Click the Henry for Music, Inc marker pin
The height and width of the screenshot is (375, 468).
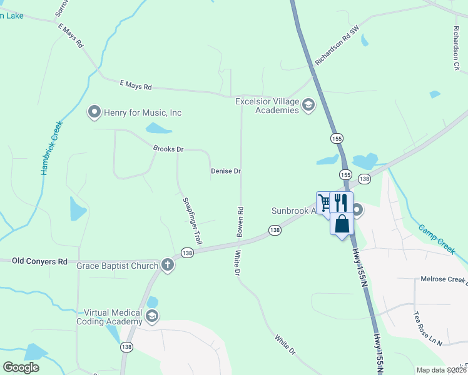pos(94,112)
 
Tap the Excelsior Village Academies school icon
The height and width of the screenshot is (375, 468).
pos(308,104)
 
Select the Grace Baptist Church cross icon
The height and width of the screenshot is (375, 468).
pos(168,265)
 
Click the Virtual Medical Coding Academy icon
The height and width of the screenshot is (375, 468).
pos(151,317)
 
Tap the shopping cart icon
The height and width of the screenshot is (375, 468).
pos(324,202)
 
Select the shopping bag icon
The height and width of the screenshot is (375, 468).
pos(342,224)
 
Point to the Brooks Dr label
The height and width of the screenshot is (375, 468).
pos(168,149)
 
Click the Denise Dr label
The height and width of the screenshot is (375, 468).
pos(226,171)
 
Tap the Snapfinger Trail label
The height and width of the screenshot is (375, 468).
pos(193,221)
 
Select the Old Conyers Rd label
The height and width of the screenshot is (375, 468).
pos(39,261)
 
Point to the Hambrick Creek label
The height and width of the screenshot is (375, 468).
pos(53,147)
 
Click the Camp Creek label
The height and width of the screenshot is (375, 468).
pos(436,238)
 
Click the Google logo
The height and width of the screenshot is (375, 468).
pos(21,367)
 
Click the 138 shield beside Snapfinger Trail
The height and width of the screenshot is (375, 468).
pos(187,252)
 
